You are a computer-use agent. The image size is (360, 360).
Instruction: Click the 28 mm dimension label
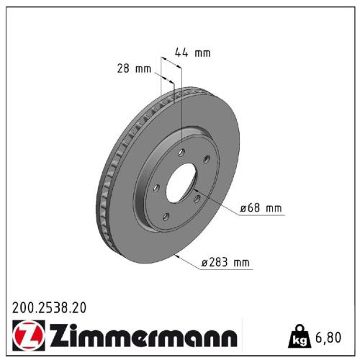(133, 68)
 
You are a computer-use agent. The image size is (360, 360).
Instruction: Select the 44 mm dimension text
(193, 52)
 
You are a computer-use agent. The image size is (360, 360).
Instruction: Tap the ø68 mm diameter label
(262, 208)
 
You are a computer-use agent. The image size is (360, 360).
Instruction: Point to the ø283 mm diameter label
(225, 263)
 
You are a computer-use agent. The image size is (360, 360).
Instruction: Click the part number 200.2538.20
(49, 307)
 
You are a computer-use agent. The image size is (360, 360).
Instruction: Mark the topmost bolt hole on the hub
(184, 151)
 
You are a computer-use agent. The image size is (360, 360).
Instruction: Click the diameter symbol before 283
(204, 264)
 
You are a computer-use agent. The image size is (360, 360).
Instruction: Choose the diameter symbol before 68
(244, 209)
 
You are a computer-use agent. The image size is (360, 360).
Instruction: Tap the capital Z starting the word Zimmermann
(57, 336)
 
